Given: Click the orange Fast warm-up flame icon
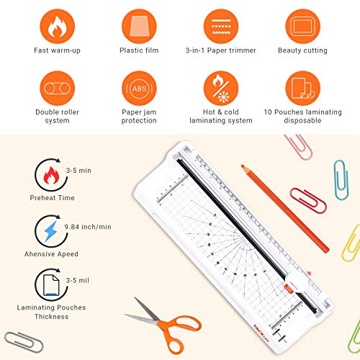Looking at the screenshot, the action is (58, 27).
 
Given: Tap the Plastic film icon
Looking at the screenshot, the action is (139, 27).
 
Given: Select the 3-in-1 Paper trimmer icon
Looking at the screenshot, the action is (221, 27).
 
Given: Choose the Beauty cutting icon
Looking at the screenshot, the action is (303, 27).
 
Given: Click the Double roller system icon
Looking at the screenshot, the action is (58, 88).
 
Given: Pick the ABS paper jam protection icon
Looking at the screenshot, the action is (139, 88).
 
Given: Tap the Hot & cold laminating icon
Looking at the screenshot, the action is (221, 88).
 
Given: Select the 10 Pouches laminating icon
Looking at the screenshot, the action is (303, 88).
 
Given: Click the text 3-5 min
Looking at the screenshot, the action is (78, 171).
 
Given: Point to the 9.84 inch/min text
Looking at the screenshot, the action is (88, 227).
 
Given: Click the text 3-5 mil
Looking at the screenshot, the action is (78, 280).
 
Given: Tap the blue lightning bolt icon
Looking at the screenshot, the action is (51, 231).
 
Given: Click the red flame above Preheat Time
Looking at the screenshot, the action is (51, 176).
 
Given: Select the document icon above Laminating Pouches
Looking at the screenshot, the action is (51, 285).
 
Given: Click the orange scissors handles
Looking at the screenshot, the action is (178, 333).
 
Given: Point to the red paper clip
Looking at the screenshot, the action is (308, 201).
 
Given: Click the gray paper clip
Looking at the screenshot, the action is (24, 342).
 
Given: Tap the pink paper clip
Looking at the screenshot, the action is (299, 147).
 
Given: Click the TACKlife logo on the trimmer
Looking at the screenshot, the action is (261, 333).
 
